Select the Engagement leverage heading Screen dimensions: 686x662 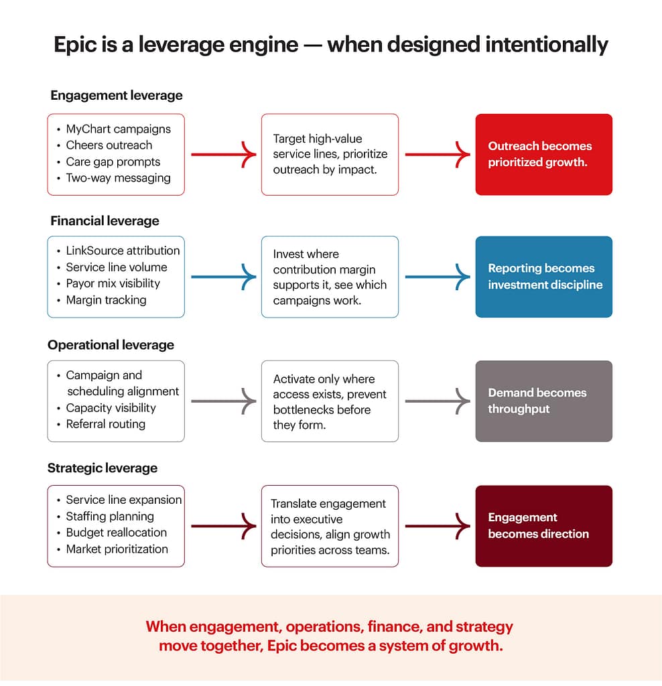[x=116, y=95]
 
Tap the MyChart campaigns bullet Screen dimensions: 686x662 [x=118, y=129]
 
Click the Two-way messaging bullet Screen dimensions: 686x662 [x=118, y=178]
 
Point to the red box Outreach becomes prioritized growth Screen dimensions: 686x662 [x=543, y=154]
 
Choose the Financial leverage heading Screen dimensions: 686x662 [x=105, y=220]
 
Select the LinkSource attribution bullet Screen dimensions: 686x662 [x=123, y=251]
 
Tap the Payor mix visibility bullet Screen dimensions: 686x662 [x=113, y=283]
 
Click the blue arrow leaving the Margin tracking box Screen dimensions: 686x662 [x=222, y=277]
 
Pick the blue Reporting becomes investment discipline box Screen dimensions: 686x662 [x=543, y=277]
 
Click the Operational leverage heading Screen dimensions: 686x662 [x=111, y=345]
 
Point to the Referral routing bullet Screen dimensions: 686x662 [x=105, y=424]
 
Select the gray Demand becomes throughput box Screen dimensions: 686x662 [x=543, y=401]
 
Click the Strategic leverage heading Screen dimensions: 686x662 [x=102, y=468]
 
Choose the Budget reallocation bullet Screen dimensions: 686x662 [x=116, y=533]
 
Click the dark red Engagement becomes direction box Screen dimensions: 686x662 [x=543, y=526]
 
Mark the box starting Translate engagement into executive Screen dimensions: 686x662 [x=330, y=526]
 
